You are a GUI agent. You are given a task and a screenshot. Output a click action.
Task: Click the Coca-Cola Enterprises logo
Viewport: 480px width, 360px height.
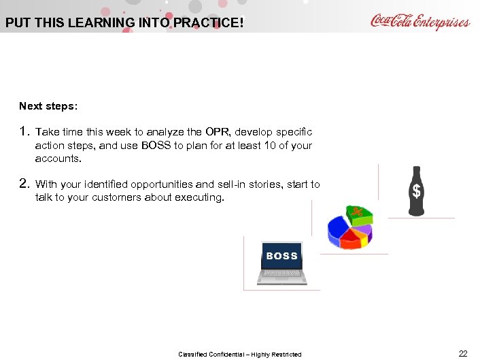click(x=419, y=22)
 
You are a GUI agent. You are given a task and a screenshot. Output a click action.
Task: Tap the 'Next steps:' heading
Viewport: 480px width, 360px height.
click(x=48, y=106)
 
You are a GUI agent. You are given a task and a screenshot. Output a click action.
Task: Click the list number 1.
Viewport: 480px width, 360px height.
click(x=24, y=131)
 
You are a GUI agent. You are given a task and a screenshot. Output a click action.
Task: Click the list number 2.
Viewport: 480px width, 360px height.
click(x=24, y=183)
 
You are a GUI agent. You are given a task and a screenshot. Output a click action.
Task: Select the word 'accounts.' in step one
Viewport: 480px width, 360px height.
click(x=58, y=159)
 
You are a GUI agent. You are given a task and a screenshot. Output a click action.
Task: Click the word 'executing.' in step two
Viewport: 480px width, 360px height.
click(x=201, y=197)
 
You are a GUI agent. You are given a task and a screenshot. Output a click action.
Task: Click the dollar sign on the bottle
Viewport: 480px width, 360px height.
click(x=417, y=192)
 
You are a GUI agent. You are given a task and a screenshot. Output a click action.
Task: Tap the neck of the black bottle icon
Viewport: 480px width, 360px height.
click(x=417, y=173)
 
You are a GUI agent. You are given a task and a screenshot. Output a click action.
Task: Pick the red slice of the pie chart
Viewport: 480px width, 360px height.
click(x=351, y=240)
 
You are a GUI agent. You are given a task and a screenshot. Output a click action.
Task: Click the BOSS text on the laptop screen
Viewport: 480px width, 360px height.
click(x=281, y=256)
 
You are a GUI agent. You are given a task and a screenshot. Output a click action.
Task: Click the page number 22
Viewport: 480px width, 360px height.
click(x=463, y=353)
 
